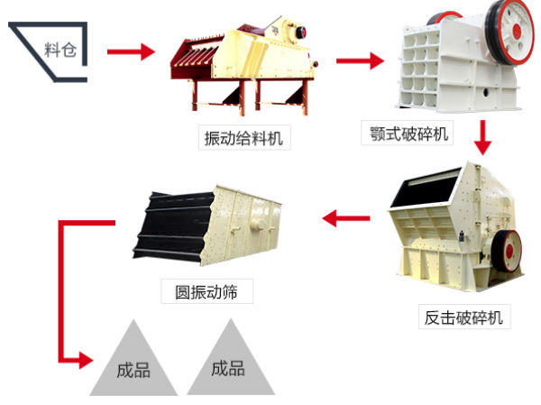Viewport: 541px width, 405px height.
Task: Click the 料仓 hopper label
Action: (61, 49)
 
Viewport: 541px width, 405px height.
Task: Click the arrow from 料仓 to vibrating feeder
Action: (130, 51)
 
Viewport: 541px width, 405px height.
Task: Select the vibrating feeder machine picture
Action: (247, 64)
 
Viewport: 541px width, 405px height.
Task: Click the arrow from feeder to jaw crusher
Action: (360, 60)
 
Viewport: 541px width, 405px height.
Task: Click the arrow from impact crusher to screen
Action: (346, 216)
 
